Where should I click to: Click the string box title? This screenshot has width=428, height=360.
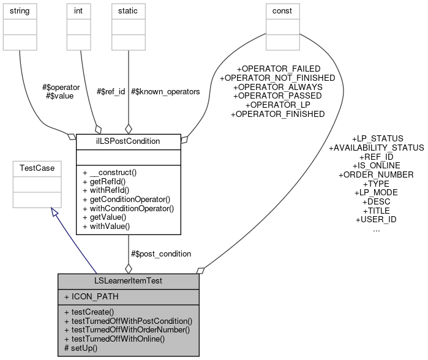(x=20, y=10)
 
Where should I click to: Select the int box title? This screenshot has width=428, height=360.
(x=78, y=10)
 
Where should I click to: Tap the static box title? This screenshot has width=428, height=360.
(x=128, y=10)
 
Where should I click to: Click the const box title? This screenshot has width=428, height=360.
(x=282, y=10)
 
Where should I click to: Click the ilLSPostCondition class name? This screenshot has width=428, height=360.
(x=128, y=141)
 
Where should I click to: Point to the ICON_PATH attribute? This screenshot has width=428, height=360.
(x=92, y=297)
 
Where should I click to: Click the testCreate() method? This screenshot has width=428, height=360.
(x=98, y=312)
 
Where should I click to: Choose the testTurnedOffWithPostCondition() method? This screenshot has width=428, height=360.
(x=128, y=321)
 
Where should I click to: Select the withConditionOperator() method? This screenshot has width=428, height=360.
(x=128, y=208)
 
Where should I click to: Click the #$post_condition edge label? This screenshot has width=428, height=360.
(x=161, y=253)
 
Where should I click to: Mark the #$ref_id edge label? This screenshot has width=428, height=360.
(x=111, y=91)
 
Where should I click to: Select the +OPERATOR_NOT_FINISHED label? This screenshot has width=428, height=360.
(x=277, y=78)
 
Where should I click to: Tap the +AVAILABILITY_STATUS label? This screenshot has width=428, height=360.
(x=376, y=148)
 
